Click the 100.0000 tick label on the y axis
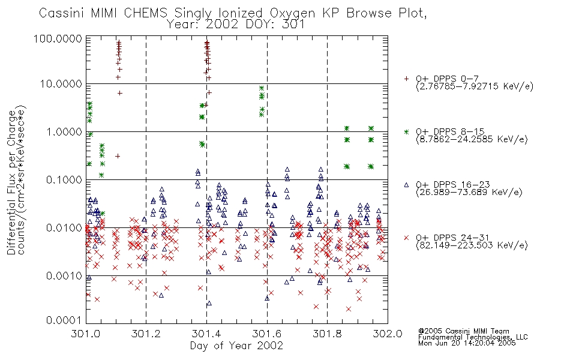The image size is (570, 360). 58,38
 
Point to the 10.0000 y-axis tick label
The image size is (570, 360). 61,84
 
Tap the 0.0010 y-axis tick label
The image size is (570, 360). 64,276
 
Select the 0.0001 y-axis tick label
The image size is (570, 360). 64,320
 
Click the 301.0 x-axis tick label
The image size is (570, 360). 86,334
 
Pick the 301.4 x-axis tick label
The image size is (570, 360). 206,334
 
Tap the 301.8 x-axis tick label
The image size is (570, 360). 327,334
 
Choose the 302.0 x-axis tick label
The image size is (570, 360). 388,334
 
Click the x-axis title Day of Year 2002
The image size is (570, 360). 236,346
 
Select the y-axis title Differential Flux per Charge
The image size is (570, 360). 11,182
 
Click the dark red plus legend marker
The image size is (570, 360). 406,79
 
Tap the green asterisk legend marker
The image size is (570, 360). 406,131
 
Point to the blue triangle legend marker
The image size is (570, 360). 406,185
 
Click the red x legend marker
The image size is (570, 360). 406,238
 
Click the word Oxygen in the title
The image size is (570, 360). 292,14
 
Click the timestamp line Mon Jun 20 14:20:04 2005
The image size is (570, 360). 467,343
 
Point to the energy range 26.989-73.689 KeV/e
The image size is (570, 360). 469,192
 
